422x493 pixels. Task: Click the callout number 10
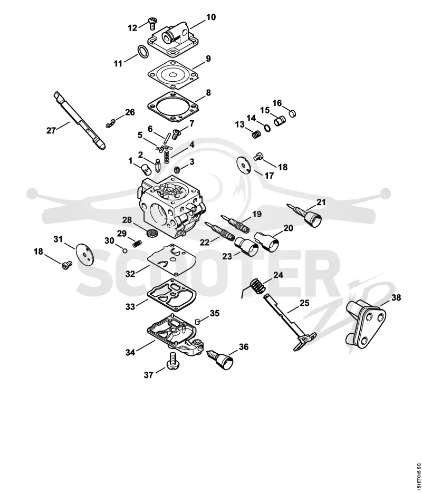[211, 17]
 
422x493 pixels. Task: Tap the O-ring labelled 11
[143, 52]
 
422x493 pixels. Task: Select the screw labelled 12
[152, 23]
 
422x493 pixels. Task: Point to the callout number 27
[51, 130]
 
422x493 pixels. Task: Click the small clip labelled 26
[110, 124]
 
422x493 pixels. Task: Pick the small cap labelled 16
[293, 113]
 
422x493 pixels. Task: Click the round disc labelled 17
[244, 165]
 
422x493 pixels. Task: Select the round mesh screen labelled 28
[152, 233]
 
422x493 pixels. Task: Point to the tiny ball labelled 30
[125, 250]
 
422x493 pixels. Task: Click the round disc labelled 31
[84, 253]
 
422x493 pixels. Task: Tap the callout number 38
[396, 297]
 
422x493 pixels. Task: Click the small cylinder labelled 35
[197, 321]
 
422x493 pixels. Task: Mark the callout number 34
[130, 352]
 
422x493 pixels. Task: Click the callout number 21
[321, 202]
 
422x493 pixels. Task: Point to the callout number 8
[208, 93]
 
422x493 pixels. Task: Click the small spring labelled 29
[137, 243]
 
